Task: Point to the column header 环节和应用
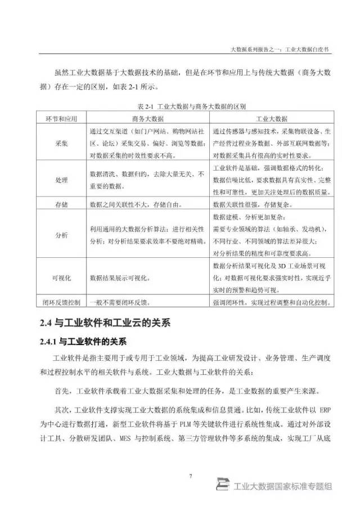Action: (60, 119)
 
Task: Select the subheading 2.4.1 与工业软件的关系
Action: (83, 341)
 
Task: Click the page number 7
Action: (191, 476)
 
